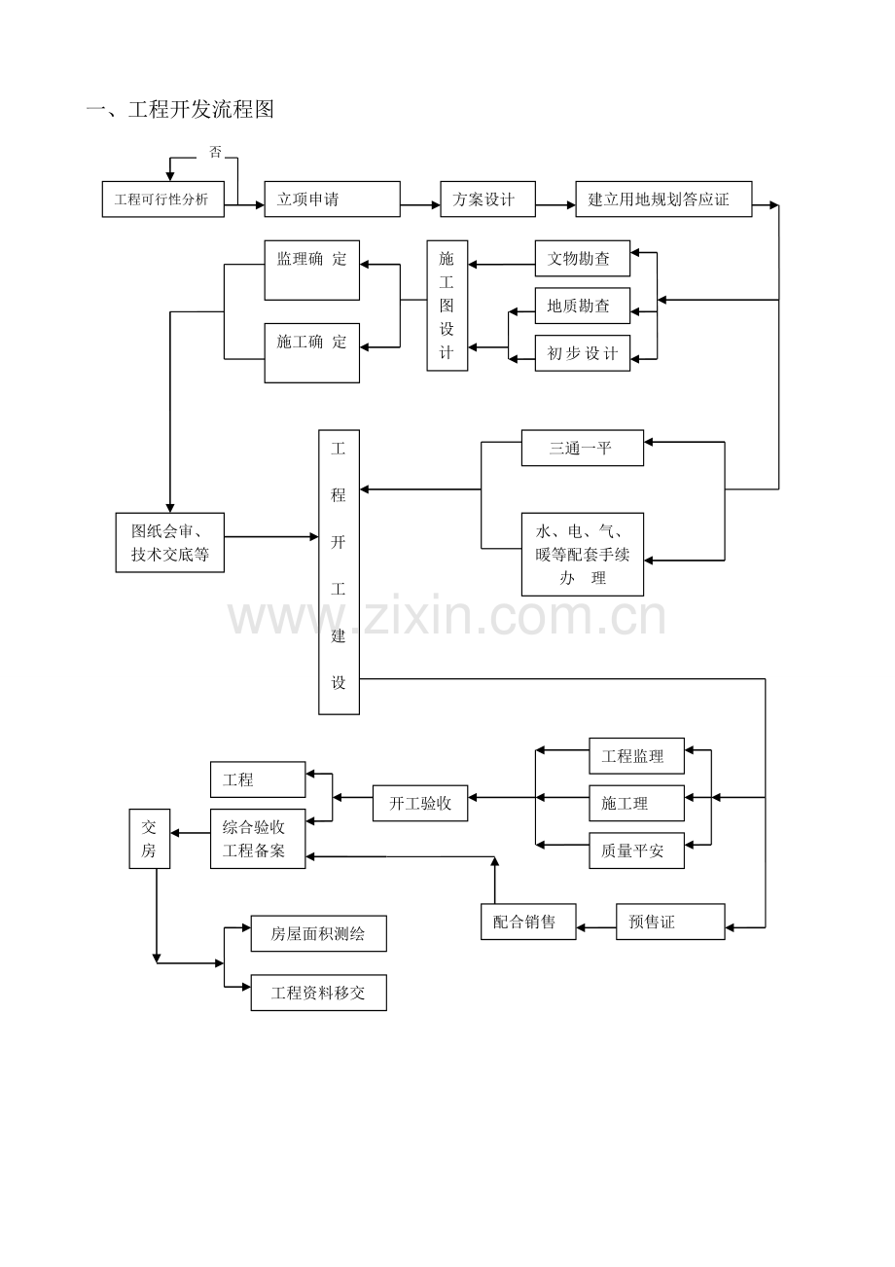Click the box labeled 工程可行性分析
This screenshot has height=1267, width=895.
pos(162,199)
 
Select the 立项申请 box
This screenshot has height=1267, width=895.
pos(332,199)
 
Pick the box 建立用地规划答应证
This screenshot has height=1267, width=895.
pos(663,199)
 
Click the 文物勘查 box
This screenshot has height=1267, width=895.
pos(582,259)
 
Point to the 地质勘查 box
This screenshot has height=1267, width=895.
pos(582,306)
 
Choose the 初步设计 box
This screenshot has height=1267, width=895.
pos(582,353)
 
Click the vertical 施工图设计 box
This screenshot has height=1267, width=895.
pos(447,306)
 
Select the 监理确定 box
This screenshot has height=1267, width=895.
pos(311,271)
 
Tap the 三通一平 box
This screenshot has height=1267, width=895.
pos(582,448)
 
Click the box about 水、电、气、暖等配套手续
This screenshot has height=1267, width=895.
pos(582,555)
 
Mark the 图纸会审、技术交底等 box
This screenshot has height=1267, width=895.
pos(170,543)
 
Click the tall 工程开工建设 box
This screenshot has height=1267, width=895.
pos(339,572)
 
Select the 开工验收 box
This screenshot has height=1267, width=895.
pos(420,804)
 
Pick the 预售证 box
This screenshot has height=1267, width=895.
pos(670,922)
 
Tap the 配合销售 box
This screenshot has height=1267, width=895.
pos(528,922)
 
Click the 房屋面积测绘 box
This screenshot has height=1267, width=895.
pos(318,933)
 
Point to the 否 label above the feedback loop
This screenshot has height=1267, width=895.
pos(216,152)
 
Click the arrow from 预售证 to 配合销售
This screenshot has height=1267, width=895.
pos(596,928)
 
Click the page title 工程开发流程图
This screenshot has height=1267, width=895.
pos(180,109)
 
